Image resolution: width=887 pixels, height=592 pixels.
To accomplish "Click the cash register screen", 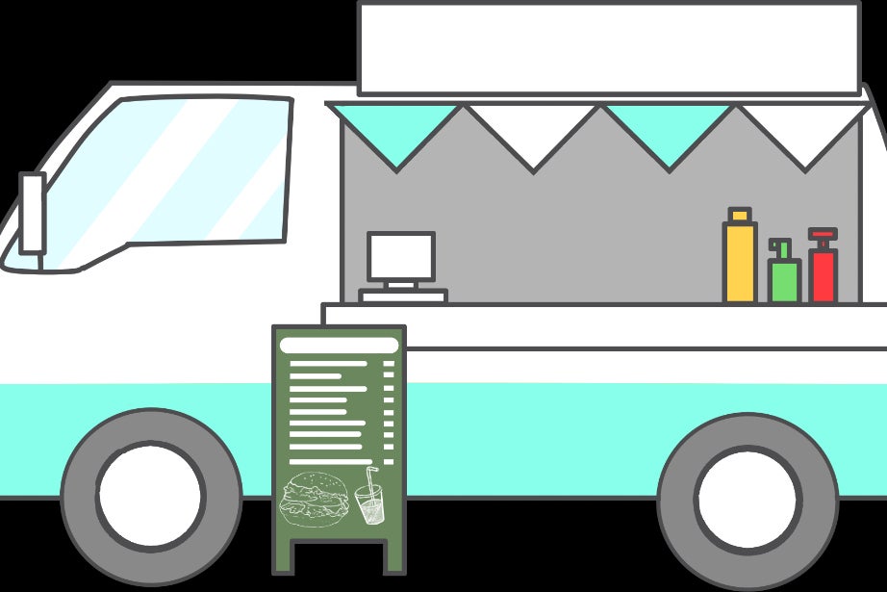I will tap(401, 256).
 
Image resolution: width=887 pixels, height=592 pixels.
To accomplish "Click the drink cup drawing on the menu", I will tap(368, 503).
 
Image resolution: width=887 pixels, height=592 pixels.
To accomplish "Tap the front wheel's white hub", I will tap(150, 497).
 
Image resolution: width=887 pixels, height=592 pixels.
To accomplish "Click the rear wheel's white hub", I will tap(748, 499).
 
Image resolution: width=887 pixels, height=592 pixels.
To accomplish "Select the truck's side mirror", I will tap(33, 213).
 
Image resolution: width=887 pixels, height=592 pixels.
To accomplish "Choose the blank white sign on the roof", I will tap(608, 48).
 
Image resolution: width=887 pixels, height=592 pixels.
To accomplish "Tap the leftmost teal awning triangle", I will tap(397, 130).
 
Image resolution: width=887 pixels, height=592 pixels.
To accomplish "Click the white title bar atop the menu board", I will tap(338, 345).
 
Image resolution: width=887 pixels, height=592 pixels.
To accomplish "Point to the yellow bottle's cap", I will tap(739, 215).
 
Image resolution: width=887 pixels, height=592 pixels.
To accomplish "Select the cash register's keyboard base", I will tap(403, 296).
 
